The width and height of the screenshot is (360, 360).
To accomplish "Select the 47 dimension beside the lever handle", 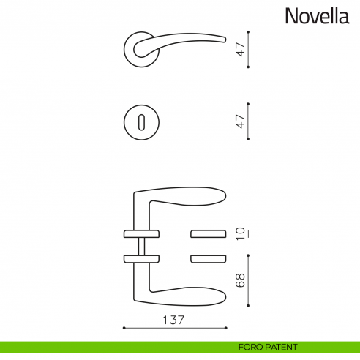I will click(x=239, y=50).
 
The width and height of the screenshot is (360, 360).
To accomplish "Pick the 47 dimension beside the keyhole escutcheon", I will click(x=239, y=121).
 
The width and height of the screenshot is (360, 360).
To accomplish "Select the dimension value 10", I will click(x=239, y=233).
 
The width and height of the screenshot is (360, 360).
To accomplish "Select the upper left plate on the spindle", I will click(x=140, y=234).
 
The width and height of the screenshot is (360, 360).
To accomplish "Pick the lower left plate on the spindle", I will click(x=140, y=258).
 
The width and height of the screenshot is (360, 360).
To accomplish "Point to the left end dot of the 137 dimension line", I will click(x=124, y=328).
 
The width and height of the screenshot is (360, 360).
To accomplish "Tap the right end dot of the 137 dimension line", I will click(x=226, y=328).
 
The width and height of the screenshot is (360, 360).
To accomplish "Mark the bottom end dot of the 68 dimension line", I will click(x=250, y=308).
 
